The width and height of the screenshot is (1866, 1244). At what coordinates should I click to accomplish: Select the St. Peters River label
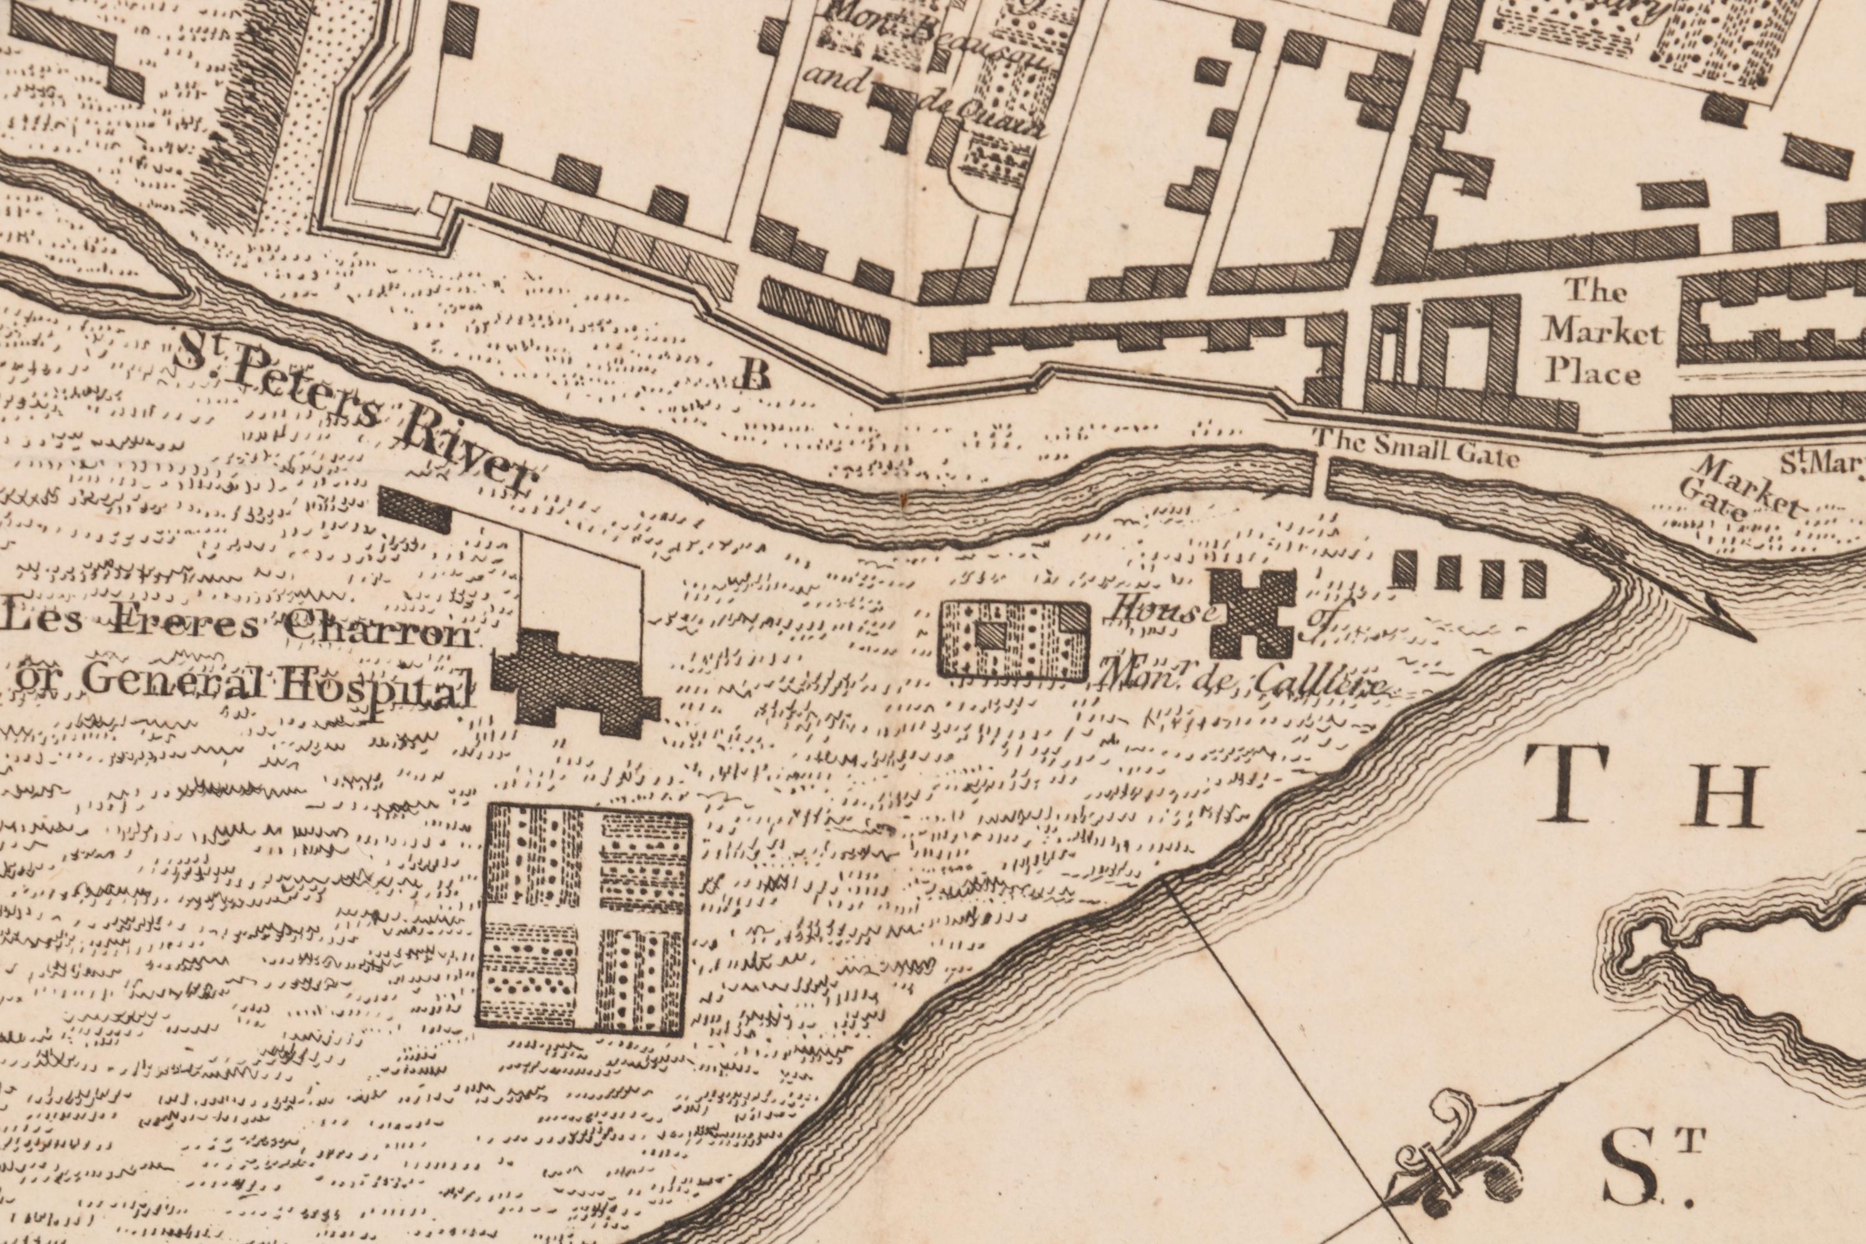coord(353,413)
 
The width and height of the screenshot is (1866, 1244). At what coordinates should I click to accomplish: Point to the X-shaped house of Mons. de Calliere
coord(1253,613)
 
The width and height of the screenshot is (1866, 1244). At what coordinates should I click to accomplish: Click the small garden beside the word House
coord(1014,640)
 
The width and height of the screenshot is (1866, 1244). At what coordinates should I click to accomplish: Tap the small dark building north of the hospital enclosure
coord(414,509)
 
